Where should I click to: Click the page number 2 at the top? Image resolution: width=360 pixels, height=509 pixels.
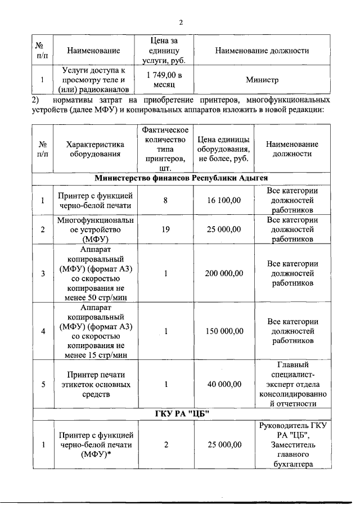tap(181, 22)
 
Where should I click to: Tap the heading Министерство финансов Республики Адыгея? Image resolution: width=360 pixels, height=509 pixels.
tap(181, 178)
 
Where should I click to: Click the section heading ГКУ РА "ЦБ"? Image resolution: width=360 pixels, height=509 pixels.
tap(181, 415)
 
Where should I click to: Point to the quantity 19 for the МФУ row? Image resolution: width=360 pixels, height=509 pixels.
tap(165, 229)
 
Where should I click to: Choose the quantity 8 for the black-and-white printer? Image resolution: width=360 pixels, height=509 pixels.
tap(165, 201)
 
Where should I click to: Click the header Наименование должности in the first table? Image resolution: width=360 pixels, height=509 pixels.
tap(262, 51)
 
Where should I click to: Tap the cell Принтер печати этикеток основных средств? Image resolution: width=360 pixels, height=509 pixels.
tap(94, 385)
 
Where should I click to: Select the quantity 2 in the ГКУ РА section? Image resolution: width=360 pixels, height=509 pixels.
tap(166, 444)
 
